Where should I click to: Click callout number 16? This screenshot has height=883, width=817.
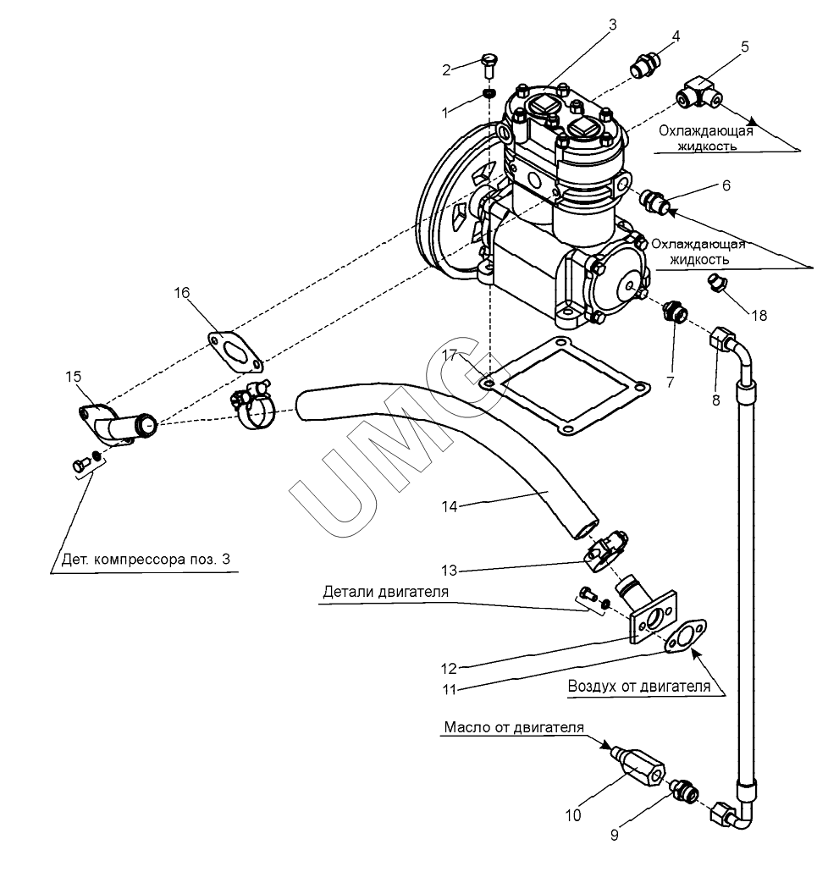pyautogui.click(x=182, y=293)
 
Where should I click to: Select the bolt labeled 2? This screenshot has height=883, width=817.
pyautogui.click(x=489, y=66)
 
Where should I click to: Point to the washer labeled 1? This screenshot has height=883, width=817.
pyautogui.click(x=490, y=93)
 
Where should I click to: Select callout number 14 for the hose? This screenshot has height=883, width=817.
pyautogui.click(x=449, y=507)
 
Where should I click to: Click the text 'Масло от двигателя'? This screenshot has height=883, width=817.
pyautogui.click(x=514, y=727)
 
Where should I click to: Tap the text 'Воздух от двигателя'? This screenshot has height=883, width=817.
pyautogui.click(x=638, y=687)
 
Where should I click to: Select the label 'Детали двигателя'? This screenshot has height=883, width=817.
pyautogui.click(x=386, y=592)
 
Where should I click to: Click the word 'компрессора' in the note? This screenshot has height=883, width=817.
pyautogui.click(x=141, y=560)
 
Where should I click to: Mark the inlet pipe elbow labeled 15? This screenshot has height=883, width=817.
pyautogui.click(x=120, y=424)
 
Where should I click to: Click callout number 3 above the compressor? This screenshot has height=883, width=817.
pyautogui.click(x=612, y=25)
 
